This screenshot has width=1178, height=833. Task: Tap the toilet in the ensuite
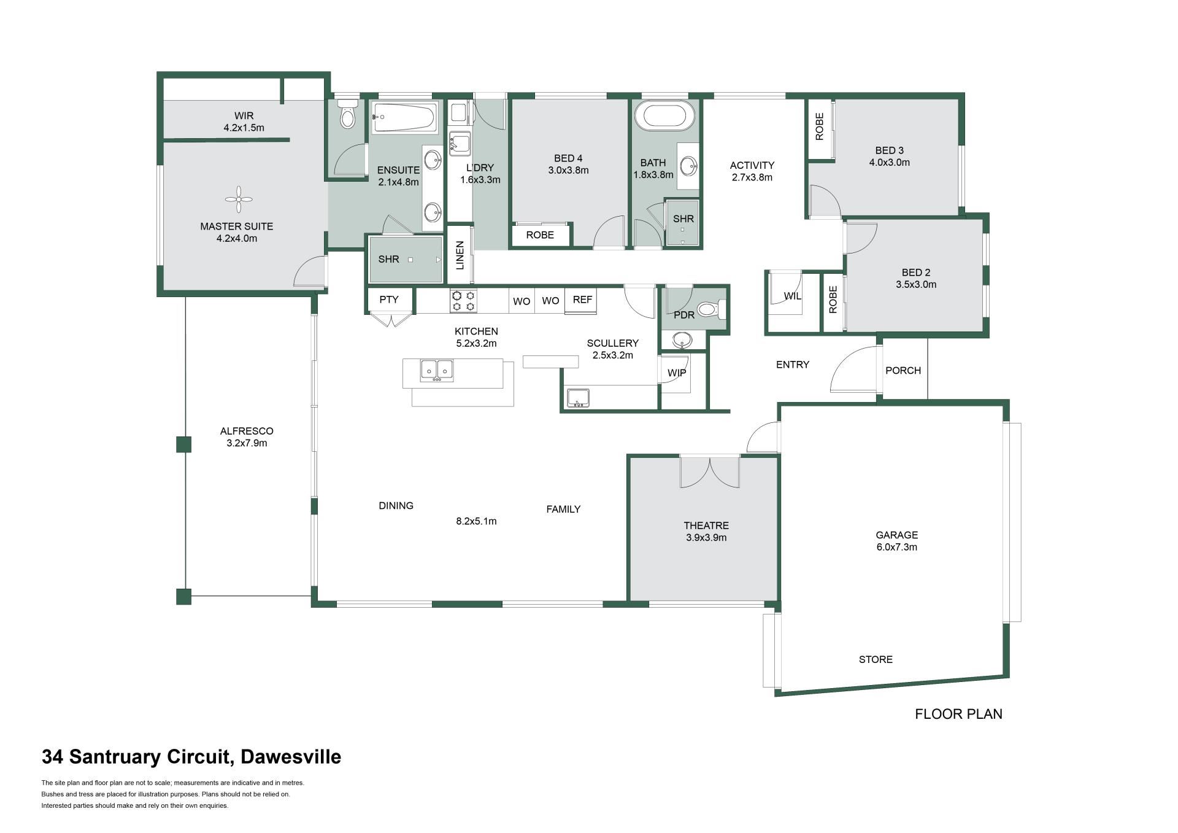(x=348, y=114)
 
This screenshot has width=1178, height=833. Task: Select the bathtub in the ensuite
(x=404, y=117)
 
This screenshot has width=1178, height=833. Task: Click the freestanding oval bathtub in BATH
(x=665, y=115)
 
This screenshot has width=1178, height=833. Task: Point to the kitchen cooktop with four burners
(x=463, y=301)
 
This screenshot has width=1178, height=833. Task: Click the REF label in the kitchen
(x=582, y=300)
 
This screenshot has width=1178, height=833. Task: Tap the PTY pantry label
(x=389, y=300)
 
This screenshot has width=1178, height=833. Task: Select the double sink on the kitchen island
(x=437, y=370)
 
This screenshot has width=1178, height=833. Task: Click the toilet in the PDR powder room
(x=712, y=309)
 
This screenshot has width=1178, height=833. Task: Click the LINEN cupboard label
(x=460, y=255)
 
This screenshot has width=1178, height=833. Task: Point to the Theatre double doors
(x=710, y=471)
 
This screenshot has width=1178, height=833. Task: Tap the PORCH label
(x=903, y=371)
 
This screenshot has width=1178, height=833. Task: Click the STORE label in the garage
(x=876, y=659)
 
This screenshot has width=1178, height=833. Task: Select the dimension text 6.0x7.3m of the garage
(x=896, y=547)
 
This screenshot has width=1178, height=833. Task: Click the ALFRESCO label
(x=247, y=431)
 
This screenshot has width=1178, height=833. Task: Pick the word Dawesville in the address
(x=291, y=757)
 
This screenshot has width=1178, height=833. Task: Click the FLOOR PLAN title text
(x=958, y=714)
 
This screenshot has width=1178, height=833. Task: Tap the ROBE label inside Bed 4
(x=540, y=235)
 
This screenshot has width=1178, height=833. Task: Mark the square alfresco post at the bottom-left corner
(x=183, y=597)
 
